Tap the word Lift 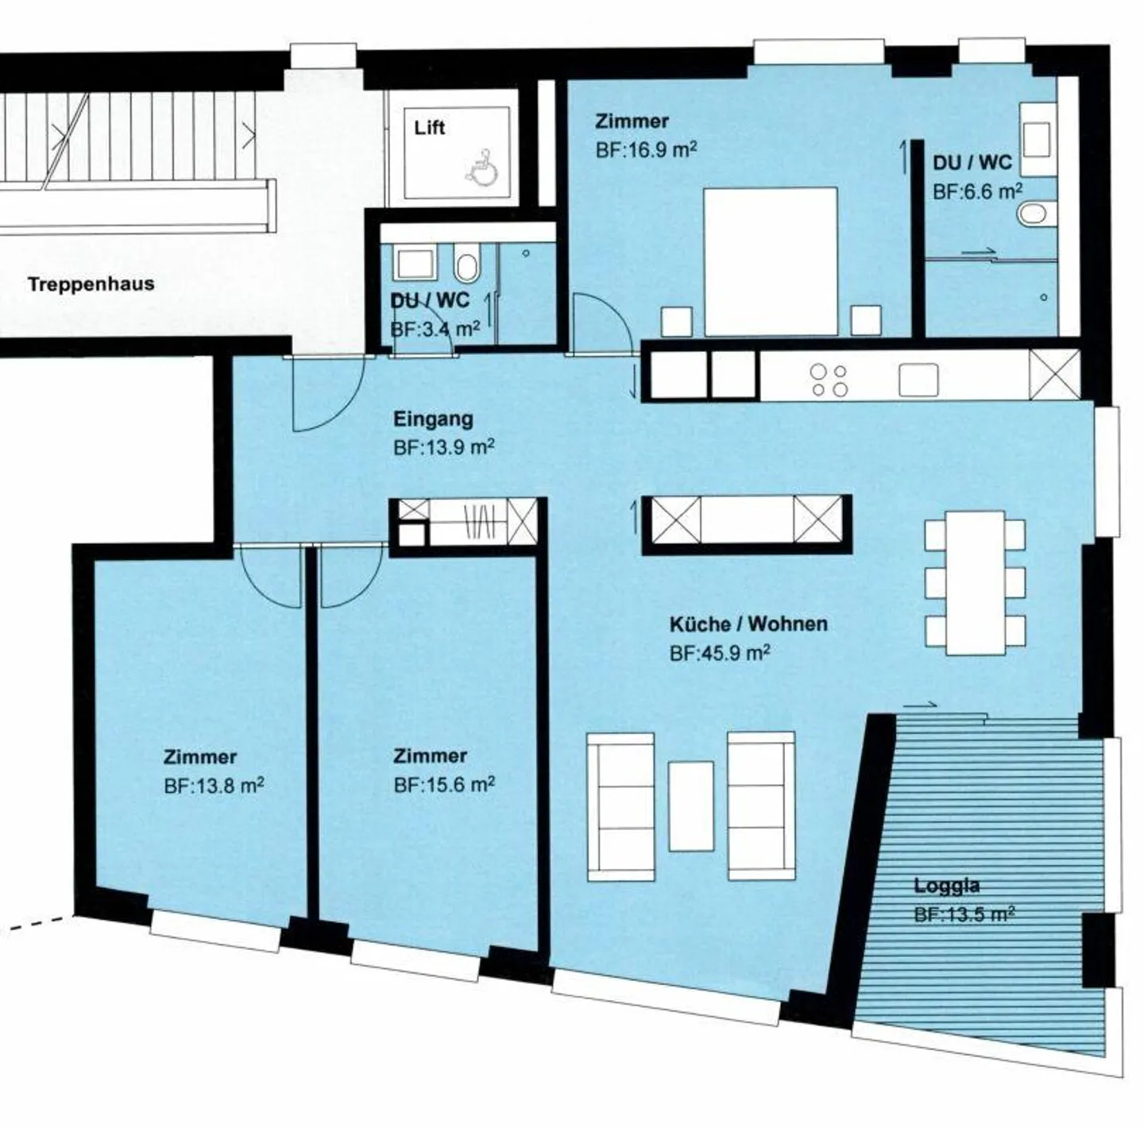(429, 128)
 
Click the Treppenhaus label (91, 284)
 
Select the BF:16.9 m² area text (646, 149)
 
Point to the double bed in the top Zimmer (770, 262)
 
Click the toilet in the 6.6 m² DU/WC (1037, 214)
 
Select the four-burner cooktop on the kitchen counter (829, 380)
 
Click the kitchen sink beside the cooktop (918, 380)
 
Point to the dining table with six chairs (976, 582)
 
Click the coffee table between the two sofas (691, 806)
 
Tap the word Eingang (434, 419)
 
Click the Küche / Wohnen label (748, 624)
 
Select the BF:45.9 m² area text (720, 653)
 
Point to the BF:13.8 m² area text (214, 786)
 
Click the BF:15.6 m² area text (444, 785)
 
